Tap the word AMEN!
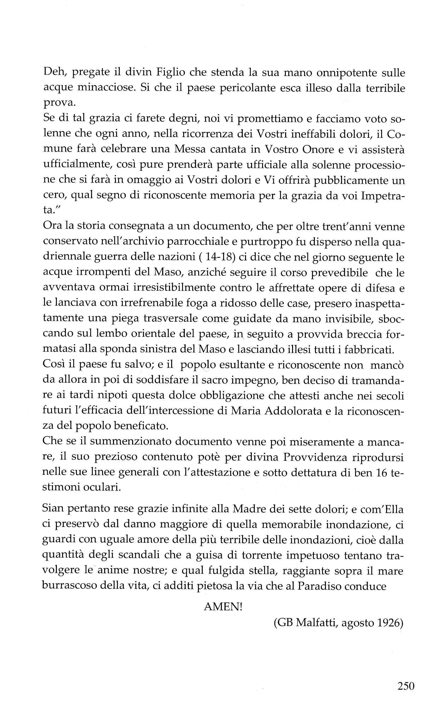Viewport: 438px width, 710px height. (223, 607)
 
